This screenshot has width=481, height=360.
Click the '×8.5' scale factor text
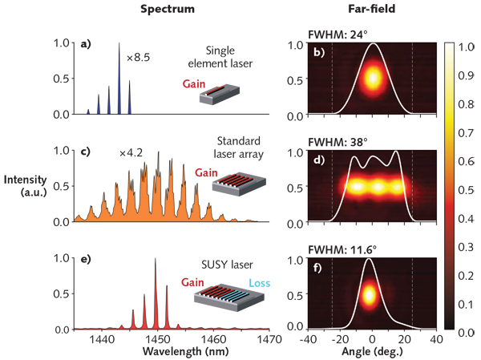[139, 58]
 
